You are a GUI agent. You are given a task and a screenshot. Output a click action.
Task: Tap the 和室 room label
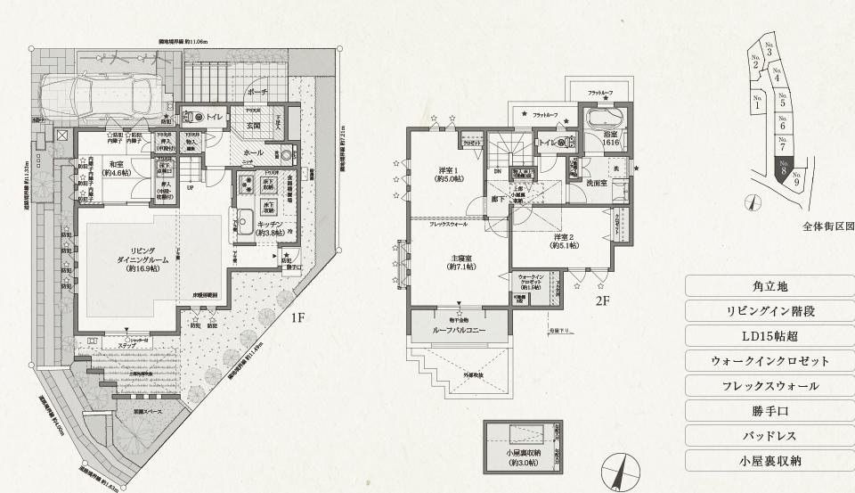[116, 168]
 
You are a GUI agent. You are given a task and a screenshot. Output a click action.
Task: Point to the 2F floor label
[602, 300]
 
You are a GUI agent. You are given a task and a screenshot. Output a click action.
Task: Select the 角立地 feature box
[770, 286]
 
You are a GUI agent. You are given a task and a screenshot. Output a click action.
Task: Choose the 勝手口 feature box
[770, 411]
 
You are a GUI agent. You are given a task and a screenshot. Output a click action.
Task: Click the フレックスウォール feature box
[770, 386]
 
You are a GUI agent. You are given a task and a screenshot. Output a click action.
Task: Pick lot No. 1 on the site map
[758, 103]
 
